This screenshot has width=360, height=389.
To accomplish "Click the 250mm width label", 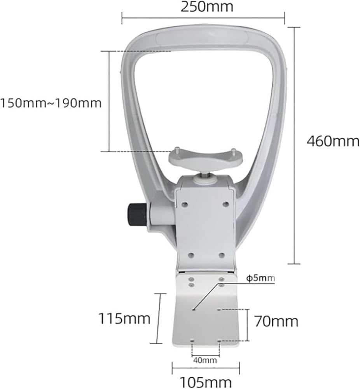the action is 207,7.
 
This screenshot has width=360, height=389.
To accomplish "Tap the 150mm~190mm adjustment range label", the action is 51,103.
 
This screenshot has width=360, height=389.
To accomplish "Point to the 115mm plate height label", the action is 124,318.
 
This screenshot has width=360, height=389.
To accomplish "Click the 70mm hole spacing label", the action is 276,322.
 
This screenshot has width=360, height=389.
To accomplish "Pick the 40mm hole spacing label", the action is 205,360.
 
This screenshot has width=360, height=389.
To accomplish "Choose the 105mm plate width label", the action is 206,382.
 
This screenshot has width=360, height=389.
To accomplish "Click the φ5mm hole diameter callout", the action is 260,278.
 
